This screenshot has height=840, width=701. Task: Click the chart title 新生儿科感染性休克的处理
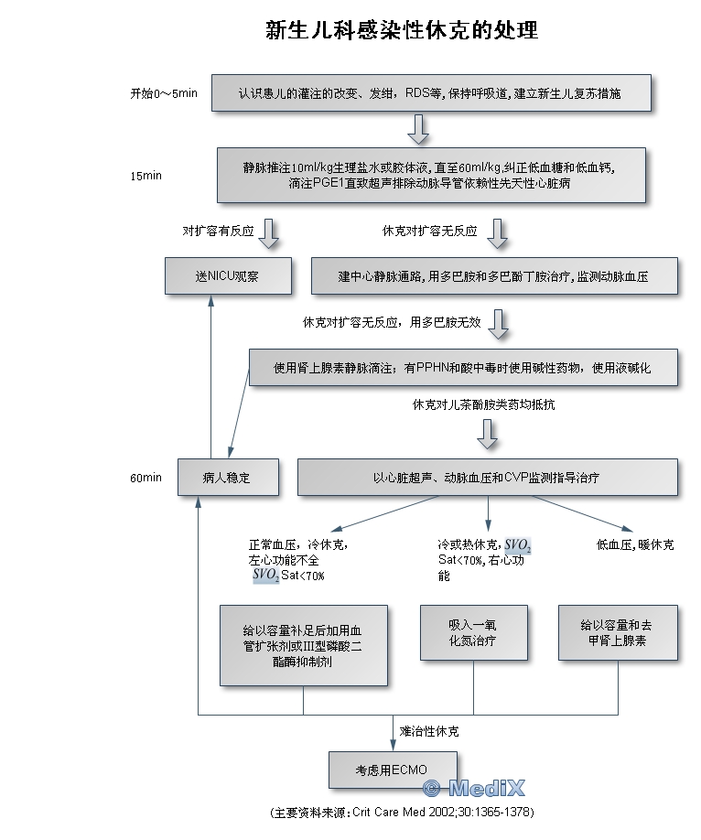coord(401,31)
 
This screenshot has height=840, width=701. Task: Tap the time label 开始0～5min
coord(164,93)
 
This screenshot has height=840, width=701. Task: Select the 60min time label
coord(146,478)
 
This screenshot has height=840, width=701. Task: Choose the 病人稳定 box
coord(227,478)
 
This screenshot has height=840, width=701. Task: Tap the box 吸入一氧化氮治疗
coord(473,632)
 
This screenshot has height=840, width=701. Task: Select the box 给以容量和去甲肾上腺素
coord(617,632)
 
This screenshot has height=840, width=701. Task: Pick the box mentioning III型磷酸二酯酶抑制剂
coord(303,645)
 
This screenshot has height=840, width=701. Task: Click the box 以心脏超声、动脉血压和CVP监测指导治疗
coord(487,478)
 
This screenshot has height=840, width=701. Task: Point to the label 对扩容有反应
coord(217,232)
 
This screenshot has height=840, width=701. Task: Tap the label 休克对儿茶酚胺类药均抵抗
coord(484,404)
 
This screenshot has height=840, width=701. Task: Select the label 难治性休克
coord(429,732)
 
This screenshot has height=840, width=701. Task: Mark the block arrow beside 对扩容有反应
coord(268,233)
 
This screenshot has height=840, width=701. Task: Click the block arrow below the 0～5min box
coord(418,129)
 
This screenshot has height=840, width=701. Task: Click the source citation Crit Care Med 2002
coord(402,813)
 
